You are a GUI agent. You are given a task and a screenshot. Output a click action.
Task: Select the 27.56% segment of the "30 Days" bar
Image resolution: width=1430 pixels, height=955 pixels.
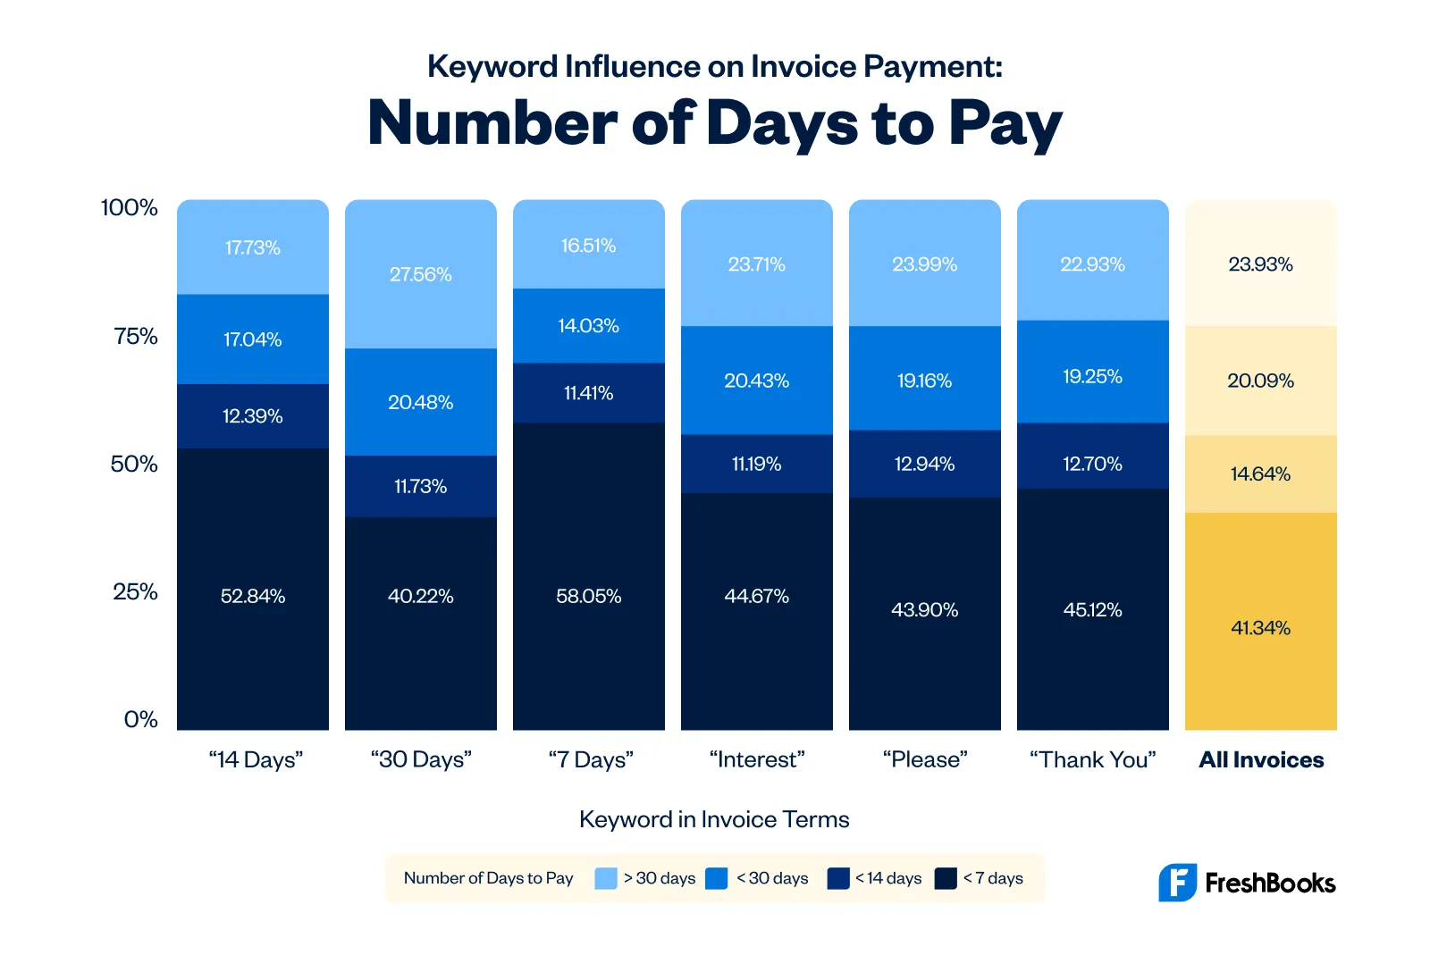click(420, 274)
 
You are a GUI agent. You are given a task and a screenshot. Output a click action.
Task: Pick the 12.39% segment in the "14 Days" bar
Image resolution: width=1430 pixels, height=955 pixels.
click(252, 416)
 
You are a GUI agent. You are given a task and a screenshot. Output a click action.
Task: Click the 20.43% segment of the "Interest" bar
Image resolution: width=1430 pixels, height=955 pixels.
click(756, 381)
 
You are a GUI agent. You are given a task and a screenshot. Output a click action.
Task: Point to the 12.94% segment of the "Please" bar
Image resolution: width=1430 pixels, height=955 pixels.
click(924, 464)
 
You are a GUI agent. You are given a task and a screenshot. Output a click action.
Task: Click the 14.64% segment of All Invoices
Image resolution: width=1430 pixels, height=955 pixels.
click(1260, 473)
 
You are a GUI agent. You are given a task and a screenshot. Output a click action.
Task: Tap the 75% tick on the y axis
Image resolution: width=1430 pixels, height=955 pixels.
click(135, 336)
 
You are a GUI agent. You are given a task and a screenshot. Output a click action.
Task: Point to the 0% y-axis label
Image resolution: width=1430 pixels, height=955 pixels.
click(140, 719)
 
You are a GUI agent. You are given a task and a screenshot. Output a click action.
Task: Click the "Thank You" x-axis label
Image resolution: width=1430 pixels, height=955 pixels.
click(1092, 759)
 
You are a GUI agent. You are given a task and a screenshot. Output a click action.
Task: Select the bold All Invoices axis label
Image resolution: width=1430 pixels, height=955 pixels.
click(1260, 759)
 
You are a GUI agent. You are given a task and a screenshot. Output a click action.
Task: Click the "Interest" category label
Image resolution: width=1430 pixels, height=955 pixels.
click(756, 759)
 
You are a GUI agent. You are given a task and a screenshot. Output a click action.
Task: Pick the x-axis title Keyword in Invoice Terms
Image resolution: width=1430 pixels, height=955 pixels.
click(714, 819)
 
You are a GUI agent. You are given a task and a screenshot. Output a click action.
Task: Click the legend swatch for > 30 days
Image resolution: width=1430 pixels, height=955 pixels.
click(606, 878)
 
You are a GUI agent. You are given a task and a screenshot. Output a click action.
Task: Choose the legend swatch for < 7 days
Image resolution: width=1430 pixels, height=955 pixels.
click(946, 878)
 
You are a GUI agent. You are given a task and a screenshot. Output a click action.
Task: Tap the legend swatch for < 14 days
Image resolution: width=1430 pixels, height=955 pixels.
click(838, 878)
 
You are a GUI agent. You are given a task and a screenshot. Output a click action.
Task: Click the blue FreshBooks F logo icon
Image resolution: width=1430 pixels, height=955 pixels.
click(1177, 883)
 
